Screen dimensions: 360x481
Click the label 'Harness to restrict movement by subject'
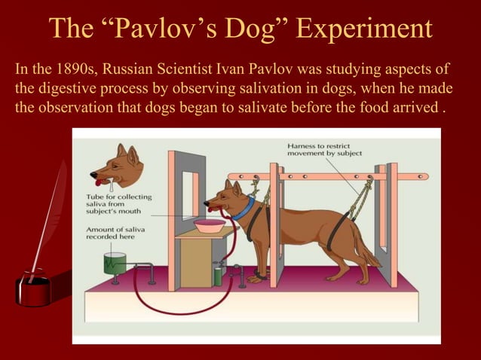[x=324, y=148]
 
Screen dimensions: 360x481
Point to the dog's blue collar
[x=242, y=206]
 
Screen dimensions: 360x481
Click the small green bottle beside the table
[x=218, y=274]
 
